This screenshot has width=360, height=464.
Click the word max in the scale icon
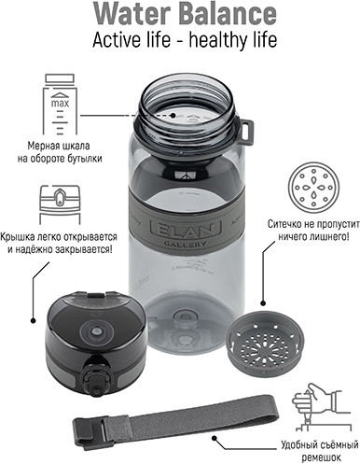[60, 104]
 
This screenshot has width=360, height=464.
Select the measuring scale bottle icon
[60, 105]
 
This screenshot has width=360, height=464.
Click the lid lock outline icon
[60, 204]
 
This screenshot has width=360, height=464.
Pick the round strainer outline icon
[313, 188]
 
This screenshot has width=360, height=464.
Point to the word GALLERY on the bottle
[185, 245]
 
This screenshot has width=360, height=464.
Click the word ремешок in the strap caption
[321, 457]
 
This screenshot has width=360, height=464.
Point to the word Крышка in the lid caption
[15, 237]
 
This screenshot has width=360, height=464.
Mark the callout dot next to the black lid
[33, 320]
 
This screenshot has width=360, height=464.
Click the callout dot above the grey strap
[215, 438]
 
